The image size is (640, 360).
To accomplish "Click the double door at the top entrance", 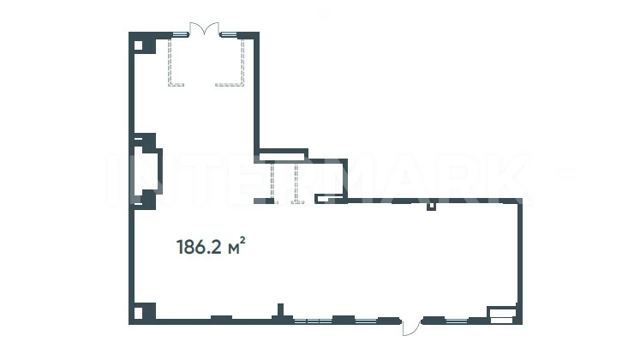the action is tap(205, 28).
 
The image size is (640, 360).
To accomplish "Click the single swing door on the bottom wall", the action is tap(411, 328).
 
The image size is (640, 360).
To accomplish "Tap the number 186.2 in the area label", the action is tap(199, 248).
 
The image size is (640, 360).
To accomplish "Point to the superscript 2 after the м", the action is tap(242, 240).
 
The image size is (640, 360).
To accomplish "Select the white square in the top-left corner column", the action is tap(139, 45).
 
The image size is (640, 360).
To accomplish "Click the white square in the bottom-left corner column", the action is tap(139, 313).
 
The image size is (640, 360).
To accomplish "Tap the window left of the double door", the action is tap(180, 34).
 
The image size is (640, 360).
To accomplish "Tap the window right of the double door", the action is tap(230, 34).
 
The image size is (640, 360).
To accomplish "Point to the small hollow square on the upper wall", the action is tap(431, 206).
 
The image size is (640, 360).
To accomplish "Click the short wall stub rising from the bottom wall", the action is tap(280, 309).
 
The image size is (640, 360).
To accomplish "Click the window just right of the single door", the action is tap(457, 321).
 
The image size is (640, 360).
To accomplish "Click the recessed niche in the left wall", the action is tap(147, 171).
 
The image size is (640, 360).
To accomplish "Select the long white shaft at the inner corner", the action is tap(281, 156).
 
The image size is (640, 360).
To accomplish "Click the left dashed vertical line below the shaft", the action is tap(272, 183).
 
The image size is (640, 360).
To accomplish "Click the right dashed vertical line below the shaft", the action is tap(296, 183).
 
